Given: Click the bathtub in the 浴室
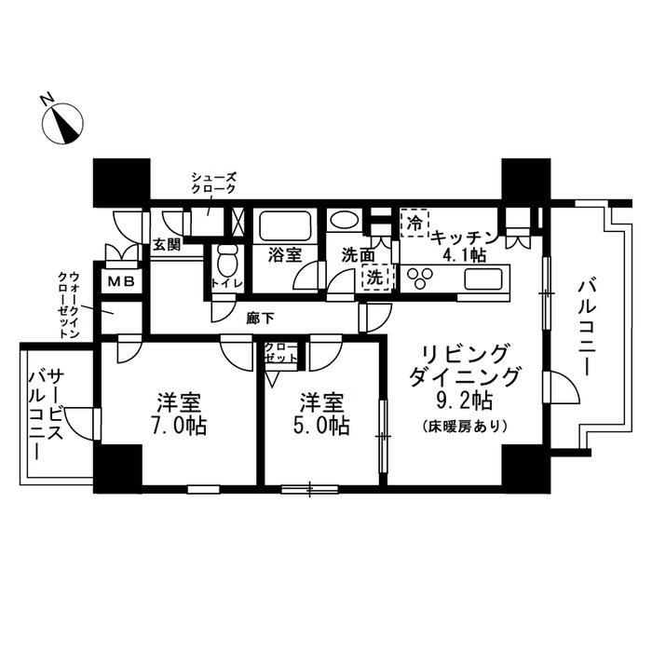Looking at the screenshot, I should tap(285, 226).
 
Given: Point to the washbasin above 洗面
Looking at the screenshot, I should tap(342, 224).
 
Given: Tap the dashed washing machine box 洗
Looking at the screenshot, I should tap(374, 277).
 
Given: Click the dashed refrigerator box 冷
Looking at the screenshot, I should tap(414, 224).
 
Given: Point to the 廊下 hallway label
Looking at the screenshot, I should tap(261, 318).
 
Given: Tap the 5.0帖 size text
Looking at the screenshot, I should tap(321, 427).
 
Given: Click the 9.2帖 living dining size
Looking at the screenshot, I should tap(465, 402).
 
